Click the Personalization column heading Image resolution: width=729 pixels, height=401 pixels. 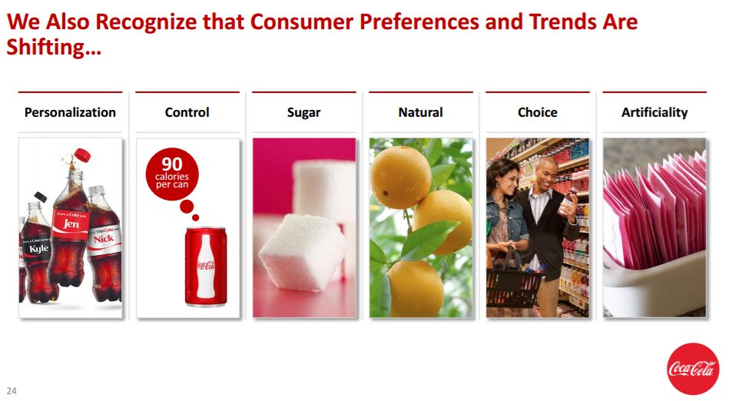click(70, 112)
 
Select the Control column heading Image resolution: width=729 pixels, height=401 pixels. click(187, 112)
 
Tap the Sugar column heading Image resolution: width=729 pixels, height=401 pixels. click(303, 113)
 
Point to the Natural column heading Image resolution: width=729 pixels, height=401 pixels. click(421, 112)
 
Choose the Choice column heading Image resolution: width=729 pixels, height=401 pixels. click(538, 112)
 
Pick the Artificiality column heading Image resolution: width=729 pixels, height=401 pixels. click(654, 113)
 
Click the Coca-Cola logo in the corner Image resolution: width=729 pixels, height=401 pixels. click(693, 369)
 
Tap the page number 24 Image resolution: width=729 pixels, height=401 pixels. click(12, 391)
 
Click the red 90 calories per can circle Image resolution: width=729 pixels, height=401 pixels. click(172, 174)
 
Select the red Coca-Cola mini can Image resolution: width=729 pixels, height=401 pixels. click(206, 267)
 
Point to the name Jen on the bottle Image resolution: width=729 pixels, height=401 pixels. click(71, 224)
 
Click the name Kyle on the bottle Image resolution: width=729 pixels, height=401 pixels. click(38, 248)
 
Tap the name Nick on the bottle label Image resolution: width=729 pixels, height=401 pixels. click(103, 239)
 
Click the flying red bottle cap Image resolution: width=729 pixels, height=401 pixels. click(82, 154)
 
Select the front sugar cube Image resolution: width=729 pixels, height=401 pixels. click(303, 252)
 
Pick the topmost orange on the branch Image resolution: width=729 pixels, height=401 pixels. click(400, 177)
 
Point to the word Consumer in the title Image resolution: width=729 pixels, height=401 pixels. click(302, 22)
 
